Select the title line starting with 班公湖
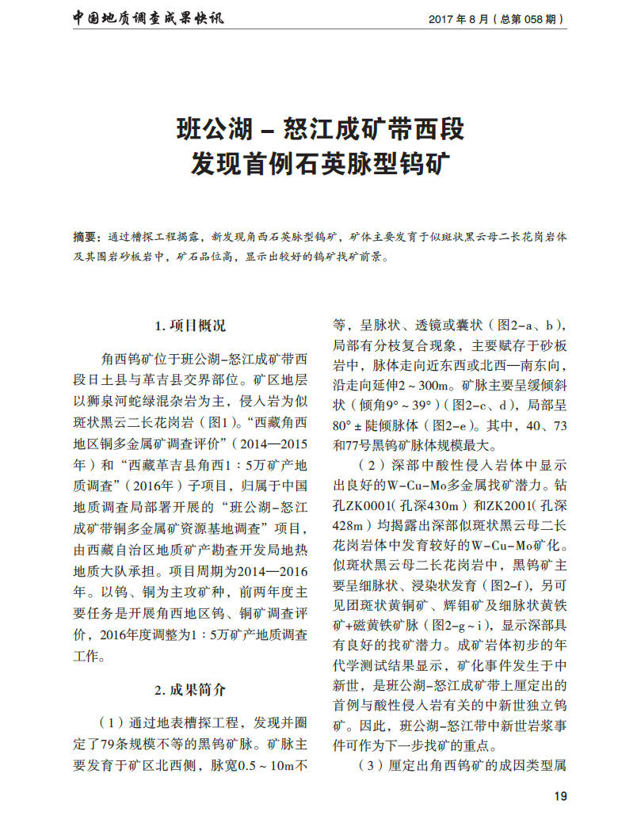(319, 128)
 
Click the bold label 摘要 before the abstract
(85, 236)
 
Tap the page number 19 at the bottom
(560, 797)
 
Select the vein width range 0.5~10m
(269, 766)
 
